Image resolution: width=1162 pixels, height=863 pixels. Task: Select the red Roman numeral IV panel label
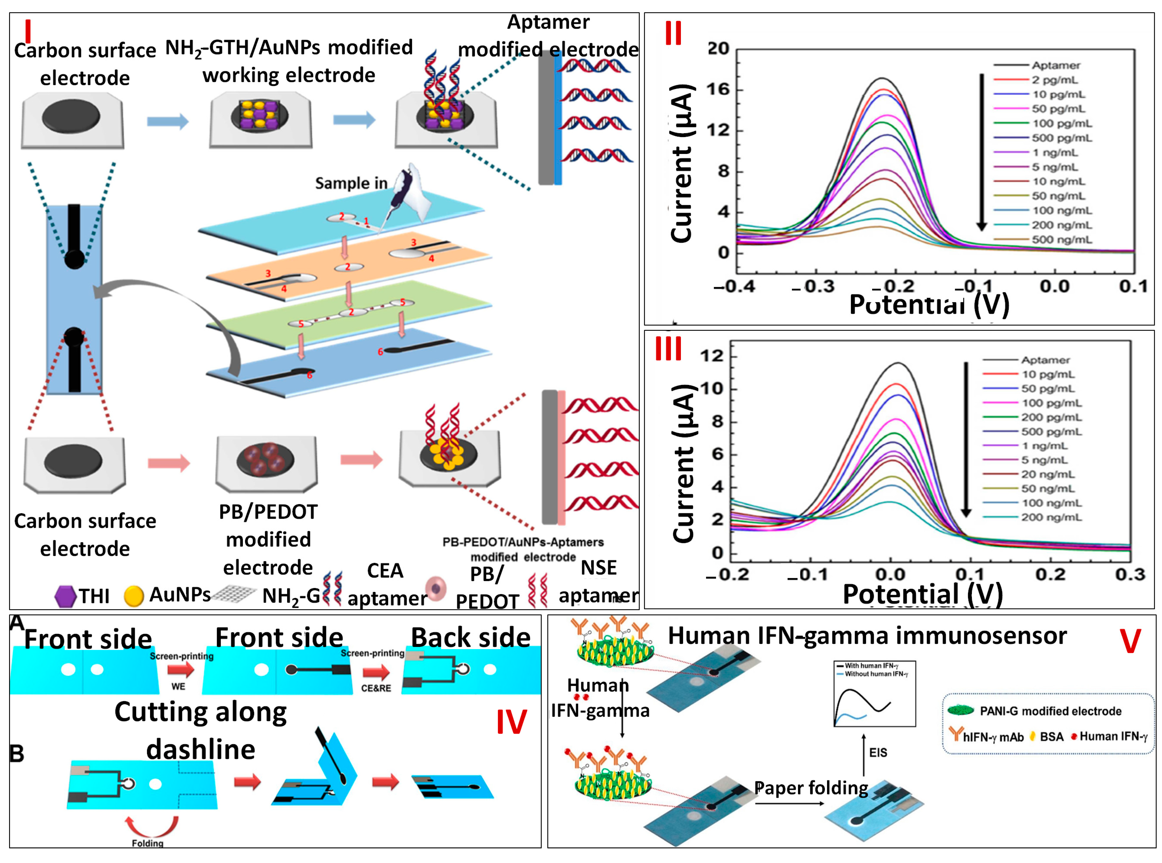point(511,722)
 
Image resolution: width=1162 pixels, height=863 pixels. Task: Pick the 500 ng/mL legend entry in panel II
point(1061,240)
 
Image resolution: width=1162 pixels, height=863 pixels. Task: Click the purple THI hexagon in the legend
point(65,596)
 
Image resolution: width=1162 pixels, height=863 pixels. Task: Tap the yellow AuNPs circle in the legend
point(134,596)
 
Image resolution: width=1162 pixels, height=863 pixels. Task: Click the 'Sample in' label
point(351,183)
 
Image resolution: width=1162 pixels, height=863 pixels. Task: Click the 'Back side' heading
point(470,638)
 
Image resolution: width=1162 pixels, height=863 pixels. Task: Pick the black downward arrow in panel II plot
point(981,151)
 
